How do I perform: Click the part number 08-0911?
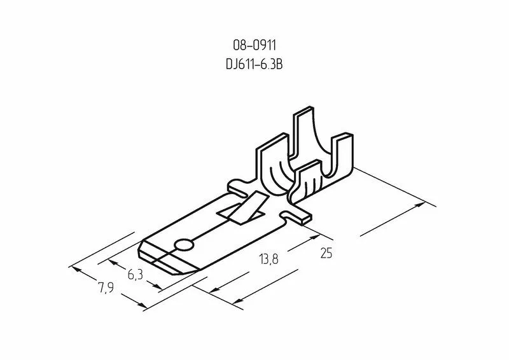click(x=254, y=45)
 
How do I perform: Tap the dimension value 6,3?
click(x=134, y=275)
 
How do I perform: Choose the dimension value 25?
click(x=326, y=253)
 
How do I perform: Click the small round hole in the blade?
click(x=184, y=244)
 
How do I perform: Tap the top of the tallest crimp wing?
click(x=303, y=113)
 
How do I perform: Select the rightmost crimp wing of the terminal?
click(x=342, y=159)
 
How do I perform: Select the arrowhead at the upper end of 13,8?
click(x=314, y=236)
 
